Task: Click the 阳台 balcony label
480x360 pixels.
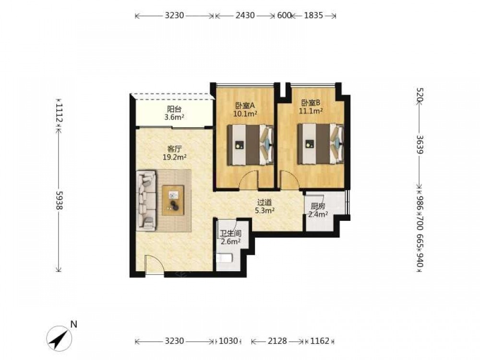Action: (174, 108)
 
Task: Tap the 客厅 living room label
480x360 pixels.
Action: (175, 149)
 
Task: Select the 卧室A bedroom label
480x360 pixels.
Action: (245, 106)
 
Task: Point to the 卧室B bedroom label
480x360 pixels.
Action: (311, 103)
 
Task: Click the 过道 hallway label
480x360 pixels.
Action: (264, 203)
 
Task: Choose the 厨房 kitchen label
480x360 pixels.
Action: (318, 206)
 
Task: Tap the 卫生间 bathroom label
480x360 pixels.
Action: (231, 234)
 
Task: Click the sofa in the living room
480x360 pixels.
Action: (146, 201)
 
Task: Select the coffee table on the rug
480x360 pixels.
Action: (173, 201)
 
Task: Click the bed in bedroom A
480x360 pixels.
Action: (251, 145)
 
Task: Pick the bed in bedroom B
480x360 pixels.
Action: (321, 144)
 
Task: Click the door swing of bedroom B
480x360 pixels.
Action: (288, 180)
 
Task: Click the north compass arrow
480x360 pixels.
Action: (60, 338)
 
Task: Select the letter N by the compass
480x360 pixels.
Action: (73, 324)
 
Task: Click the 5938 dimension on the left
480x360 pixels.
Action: (59, 201)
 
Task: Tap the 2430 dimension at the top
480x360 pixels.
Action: (245, 15)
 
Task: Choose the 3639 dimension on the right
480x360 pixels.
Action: (420, 145)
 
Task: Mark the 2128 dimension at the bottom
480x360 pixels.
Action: (277, 341)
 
